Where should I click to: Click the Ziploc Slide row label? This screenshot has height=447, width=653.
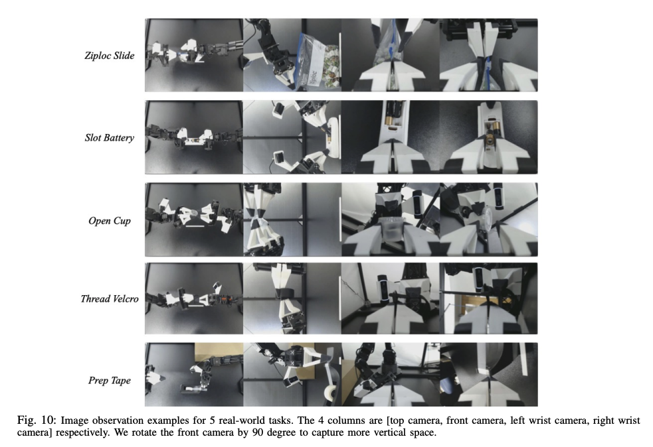[x=110, y=55]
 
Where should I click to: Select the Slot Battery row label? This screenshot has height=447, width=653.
[x=110, y=138]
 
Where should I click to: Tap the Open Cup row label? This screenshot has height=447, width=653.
[x=110, y=220]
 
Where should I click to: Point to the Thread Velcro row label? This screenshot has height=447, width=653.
[x=110, y=298]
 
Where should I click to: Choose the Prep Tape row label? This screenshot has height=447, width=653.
[x=110, y=381]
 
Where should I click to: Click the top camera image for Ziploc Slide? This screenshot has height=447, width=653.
[x=194, y=55]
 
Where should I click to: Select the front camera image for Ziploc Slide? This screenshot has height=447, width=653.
[x=292, y=55]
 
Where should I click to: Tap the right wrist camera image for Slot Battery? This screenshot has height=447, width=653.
[x=488, y=137]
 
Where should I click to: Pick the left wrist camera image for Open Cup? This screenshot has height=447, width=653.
[x=391, y=220]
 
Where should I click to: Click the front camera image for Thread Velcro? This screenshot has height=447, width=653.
[x=292, y=298]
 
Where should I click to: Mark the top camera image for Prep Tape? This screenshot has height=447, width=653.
[x=194, y=374]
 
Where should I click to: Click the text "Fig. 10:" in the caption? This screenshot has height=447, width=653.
[x=37, y=420]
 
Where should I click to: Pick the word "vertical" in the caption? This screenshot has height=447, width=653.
[x=379, y=432]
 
